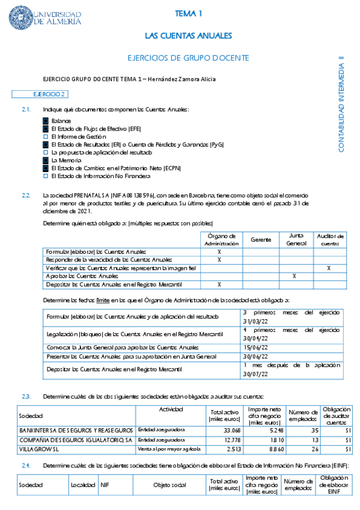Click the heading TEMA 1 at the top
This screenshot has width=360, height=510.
(x=188, y=13)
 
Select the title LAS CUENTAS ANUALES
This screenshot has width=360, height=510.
(x=188, y=35)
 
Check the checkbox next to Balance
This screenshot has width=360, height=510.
(x=45, y=121)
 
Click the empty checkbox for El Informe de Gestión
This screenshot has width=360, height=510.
(x=45, y=137)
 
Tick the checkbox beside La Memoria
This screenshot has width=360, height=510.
(x=45, y=161)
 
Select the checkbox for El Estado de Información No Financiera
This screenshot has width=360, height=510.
(x=45, y=176)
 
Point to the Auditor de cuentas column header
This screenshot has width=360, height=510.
(x=329, y=239)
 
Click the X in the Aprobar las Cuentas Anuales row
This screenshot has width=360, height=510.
(x=294, y=275)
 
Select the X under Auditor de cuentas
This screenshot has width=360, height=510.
(x=329, y=268)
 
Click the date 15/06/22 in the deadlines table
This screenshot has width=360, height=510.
(x=254, y=348)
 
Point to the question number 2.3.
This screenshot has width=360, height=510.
(x=26, y=396)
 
